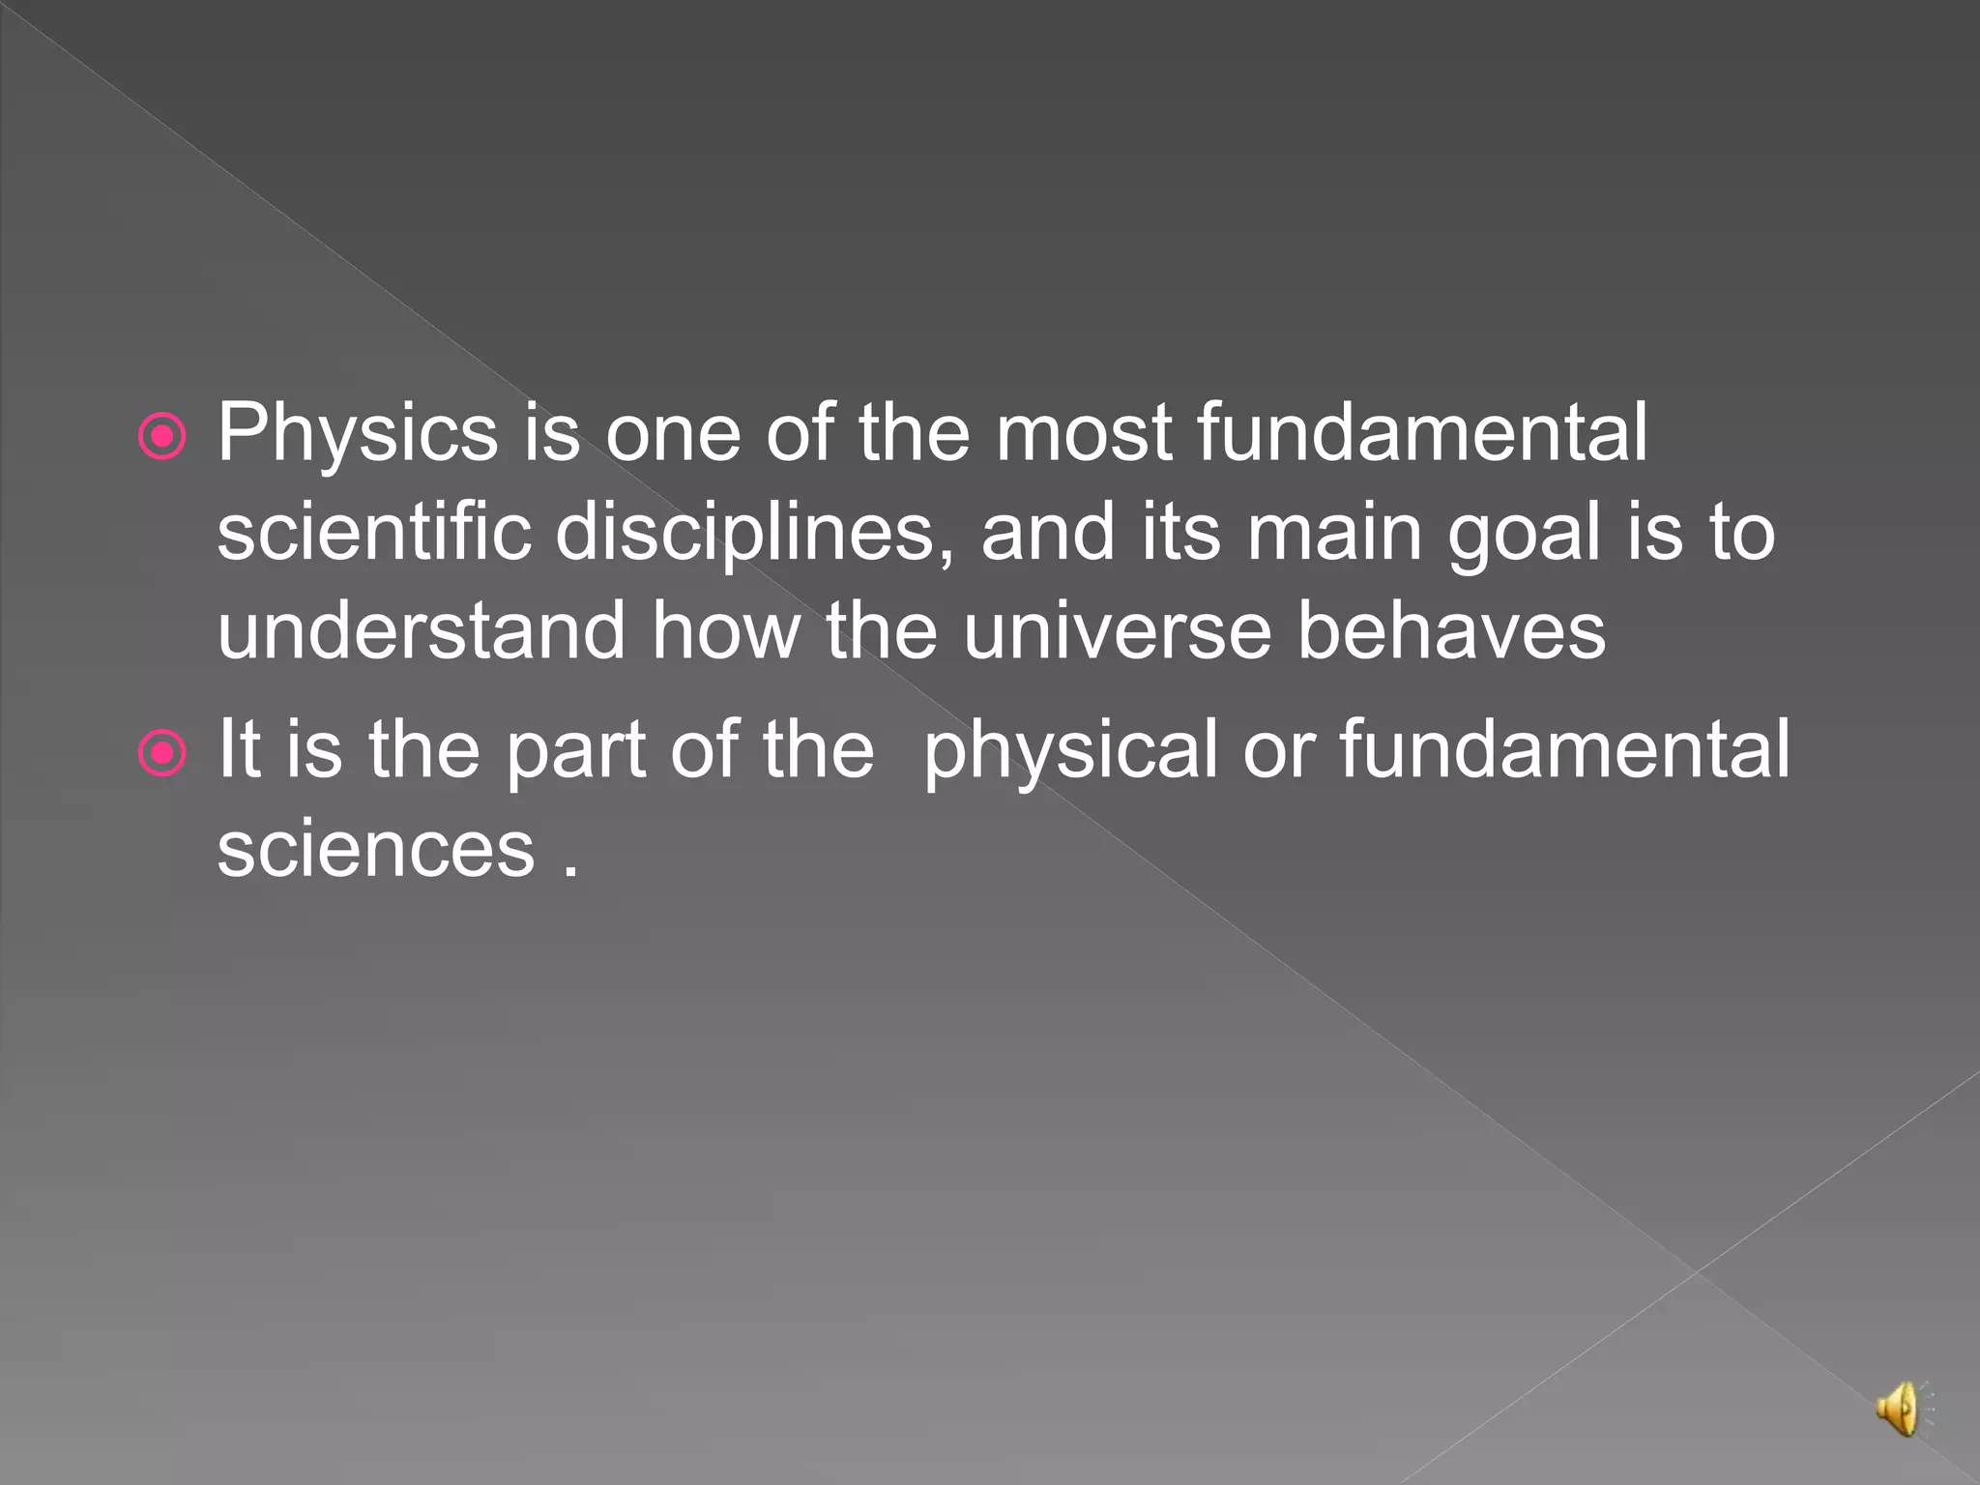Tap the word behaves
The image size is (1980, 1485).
click(x=1450, y=631)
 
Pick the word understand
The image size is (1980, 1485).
click(x=422, y=631)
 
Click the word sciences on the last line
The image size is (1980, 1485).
click(x=375, y=851)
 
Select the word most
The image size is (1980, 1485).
click(x=1084, y=435)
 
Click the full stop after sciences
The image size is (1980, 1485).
click(x=571, y=871)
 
